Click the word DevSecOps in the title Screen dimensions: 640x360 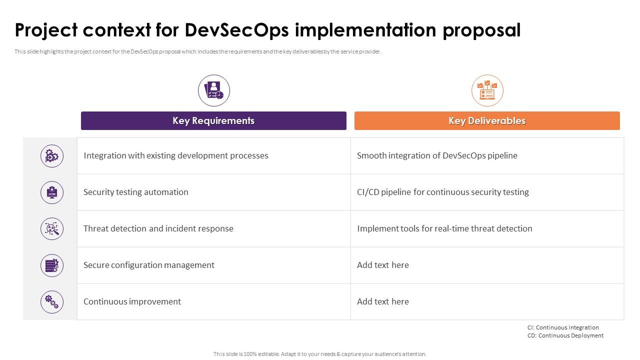[x=237, y=30]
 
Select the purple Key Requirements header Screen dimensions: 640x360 [x=213, y=120]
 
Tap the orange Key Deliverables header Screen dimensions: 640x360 [x=487, y=120]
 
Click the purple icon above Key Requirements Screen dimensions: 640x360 [x=213, y=90]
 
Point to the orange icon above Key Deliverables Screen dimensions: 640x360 [x=487, y=90]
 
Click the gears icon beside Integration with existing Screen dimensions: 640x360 [x=51, y=156]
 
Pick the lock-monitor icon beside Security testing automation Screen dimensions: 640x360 [x=51, y=192]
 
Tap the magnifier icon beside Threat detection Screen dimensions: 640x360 [x=51, y=228]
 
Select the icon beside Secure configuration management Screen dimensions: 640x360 [x=51, y=265]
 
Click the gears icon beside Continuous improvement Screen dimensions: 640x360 [x=51, y=302]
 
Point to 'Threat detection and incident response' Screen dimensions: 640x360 [x=158, y=228]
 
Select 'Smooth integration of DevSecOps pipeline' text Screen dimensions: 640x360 [x=437, y=155]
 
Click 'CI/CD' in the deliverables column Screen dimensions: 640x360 [x=368, y=192]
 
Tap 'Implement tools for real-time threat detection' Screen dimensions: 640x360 [x=444, y=228]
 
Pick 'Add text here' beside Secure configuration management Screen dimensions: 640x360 [x=383, y=265]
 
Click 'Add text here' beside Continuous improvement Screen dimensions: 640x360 [x=383, y=301]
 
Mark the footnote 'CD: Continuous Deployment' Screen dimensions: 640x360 [x=565, y=335]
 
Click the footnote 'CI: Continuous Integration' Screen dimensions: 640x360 [x=563, y=327]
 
